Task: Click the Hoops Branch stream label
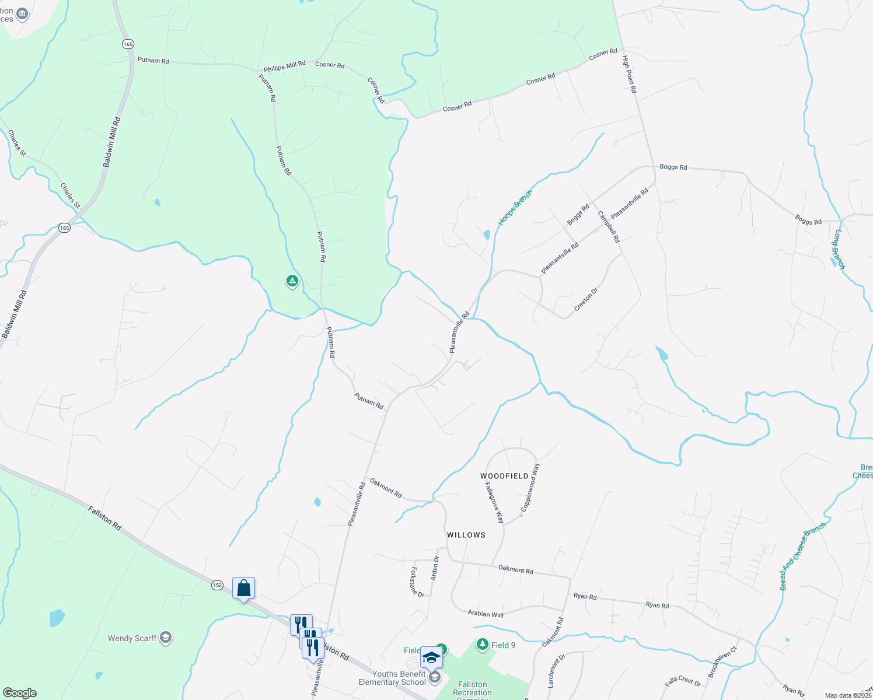515,208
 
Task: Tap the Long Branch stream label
839,249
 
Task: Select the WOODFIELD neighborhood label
504,476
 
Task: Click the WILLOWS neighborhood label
466,535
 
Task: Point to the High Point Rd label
629,75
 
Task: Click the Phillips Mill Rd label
284,66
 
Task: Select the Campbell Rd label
609,227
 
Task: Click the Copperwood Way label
531,488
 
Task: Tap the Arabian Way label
486,614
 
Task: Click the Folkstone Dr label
417,582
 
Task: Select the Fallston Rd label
105,518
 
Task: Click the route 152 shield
217,585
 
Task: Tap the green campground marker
292,282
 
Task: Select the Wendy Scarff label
132,638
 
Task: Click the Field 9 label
503,645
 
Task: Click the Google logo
19,693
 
